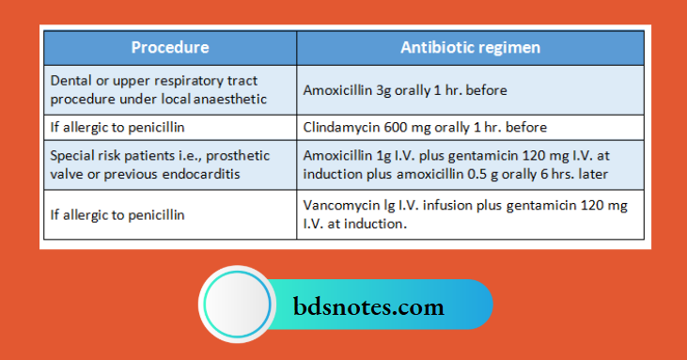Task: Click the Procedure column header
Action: [x=170, y=47]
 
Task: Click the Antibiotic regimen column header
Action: [x=470, y=47]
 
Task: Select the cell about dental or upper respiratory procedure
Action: [x=170, y=89]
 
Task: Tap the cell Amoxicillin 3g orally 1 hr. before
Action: [x=470, y=90]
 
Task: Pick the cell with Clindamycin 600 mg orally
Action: [x=470, y=127]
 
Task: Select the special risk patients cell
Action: [x=170, y=164]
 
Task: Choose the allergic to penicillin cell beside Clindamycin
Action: [x=170, y=127]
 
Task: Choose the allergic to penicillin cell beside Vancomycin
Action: [x=170, y=214]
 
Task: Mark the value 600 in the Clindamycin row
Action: [x=397, y=127]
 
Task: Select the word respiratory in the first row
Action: [x=174, y=81]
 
